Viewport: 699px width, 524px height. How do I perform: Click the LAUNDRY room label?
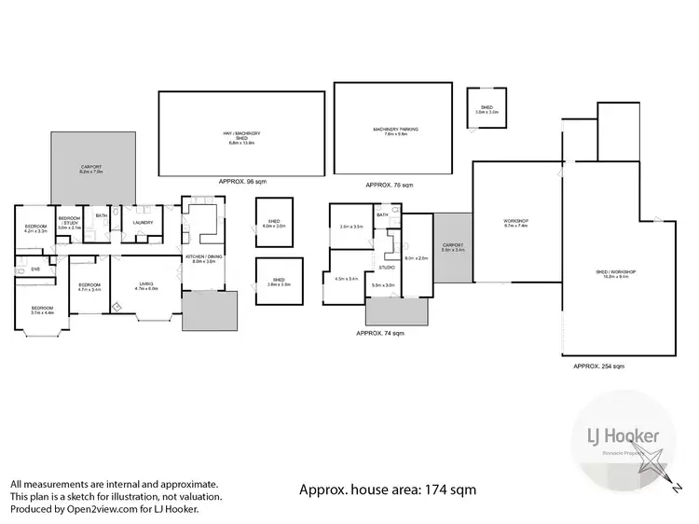click(x=143, y=222)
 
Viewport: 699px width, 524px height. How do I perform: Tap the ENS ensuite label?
click(x=34, y=269)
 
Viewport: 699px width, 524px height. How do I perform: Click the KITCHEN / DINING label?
click(x=203, y=258)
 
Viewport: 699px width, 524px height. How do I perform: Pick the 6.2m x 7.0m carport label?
click(x=90, y=170)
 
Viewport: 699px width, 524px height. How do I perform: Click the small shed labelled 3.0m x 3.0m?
click(x=487, y=109)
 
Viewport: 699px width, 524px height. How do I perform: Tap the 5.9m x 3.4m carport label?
click(x=453, y=247)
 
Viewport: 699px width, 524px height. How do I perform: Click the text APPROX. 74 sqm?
click(x=380, y=333)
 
